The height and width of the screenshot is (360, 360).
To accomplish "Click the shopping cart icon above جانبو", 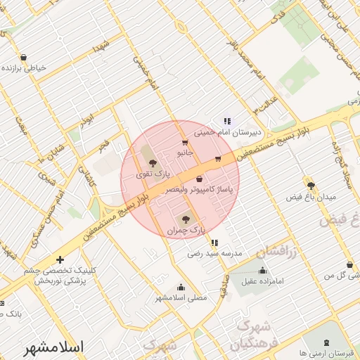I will click(x=185, y=143).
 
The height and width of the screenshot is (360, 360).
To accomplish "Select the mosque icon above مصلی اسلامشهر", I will click(x=181, y=287).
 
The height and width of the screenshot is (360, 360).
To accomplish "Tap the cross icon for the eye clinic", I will click(x=60, y=259).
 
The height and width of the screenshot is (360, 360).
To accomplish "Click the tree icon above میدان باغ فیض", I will click(x=310, y=186).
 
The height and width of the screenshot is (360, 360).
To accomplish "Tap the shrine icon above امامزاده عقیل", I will click(x=263, y=271).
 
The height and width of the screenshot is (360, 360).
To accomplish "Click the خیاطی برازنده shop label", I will click(x=25, y=68).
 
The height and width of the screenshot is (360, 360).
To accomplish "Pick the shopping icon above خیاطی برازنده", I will click(x=24, y=58).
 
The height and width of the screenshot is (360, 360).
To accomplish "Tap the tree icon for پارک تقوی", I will click(x=153, y=164).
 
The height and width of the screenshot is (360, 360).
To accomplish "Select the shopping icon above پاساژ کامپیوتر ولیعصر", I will click(x=199, y=178).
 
